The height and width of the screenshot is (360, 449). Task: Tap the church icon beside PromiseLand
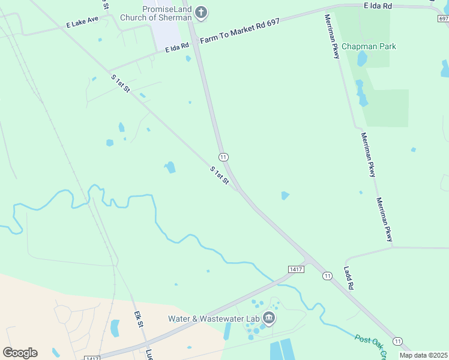tap(201, 11)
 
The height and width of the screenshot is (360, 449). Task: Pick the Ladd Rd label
tap(349, 278)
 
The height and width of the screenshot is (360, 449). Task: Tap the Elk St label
tap(139, 319)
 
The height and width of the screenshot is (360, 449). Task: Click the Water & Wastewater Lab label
tap(213, 318)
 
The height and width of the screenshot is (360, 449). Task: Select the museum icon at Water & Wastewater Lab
tap(268, 317)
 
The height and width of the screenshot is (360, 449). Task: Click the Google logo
tap(20, 352)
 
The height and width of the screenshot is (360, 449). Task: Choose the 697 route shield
tap(443, 19)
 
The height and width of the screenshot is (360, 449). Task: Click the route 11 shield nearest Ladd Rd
tap(327, 275)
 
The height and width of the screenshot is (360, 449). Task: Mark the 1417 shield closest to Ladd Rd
tap(295, 269)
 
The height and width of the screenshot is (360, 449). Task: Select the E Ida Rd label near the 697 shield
tap(378, 6)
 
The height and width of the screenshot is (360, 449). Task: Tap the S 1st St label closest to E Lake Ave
tap(121, 83)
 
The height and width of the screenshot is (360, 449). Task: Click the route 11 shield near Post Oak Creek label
tap(397, 341)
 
